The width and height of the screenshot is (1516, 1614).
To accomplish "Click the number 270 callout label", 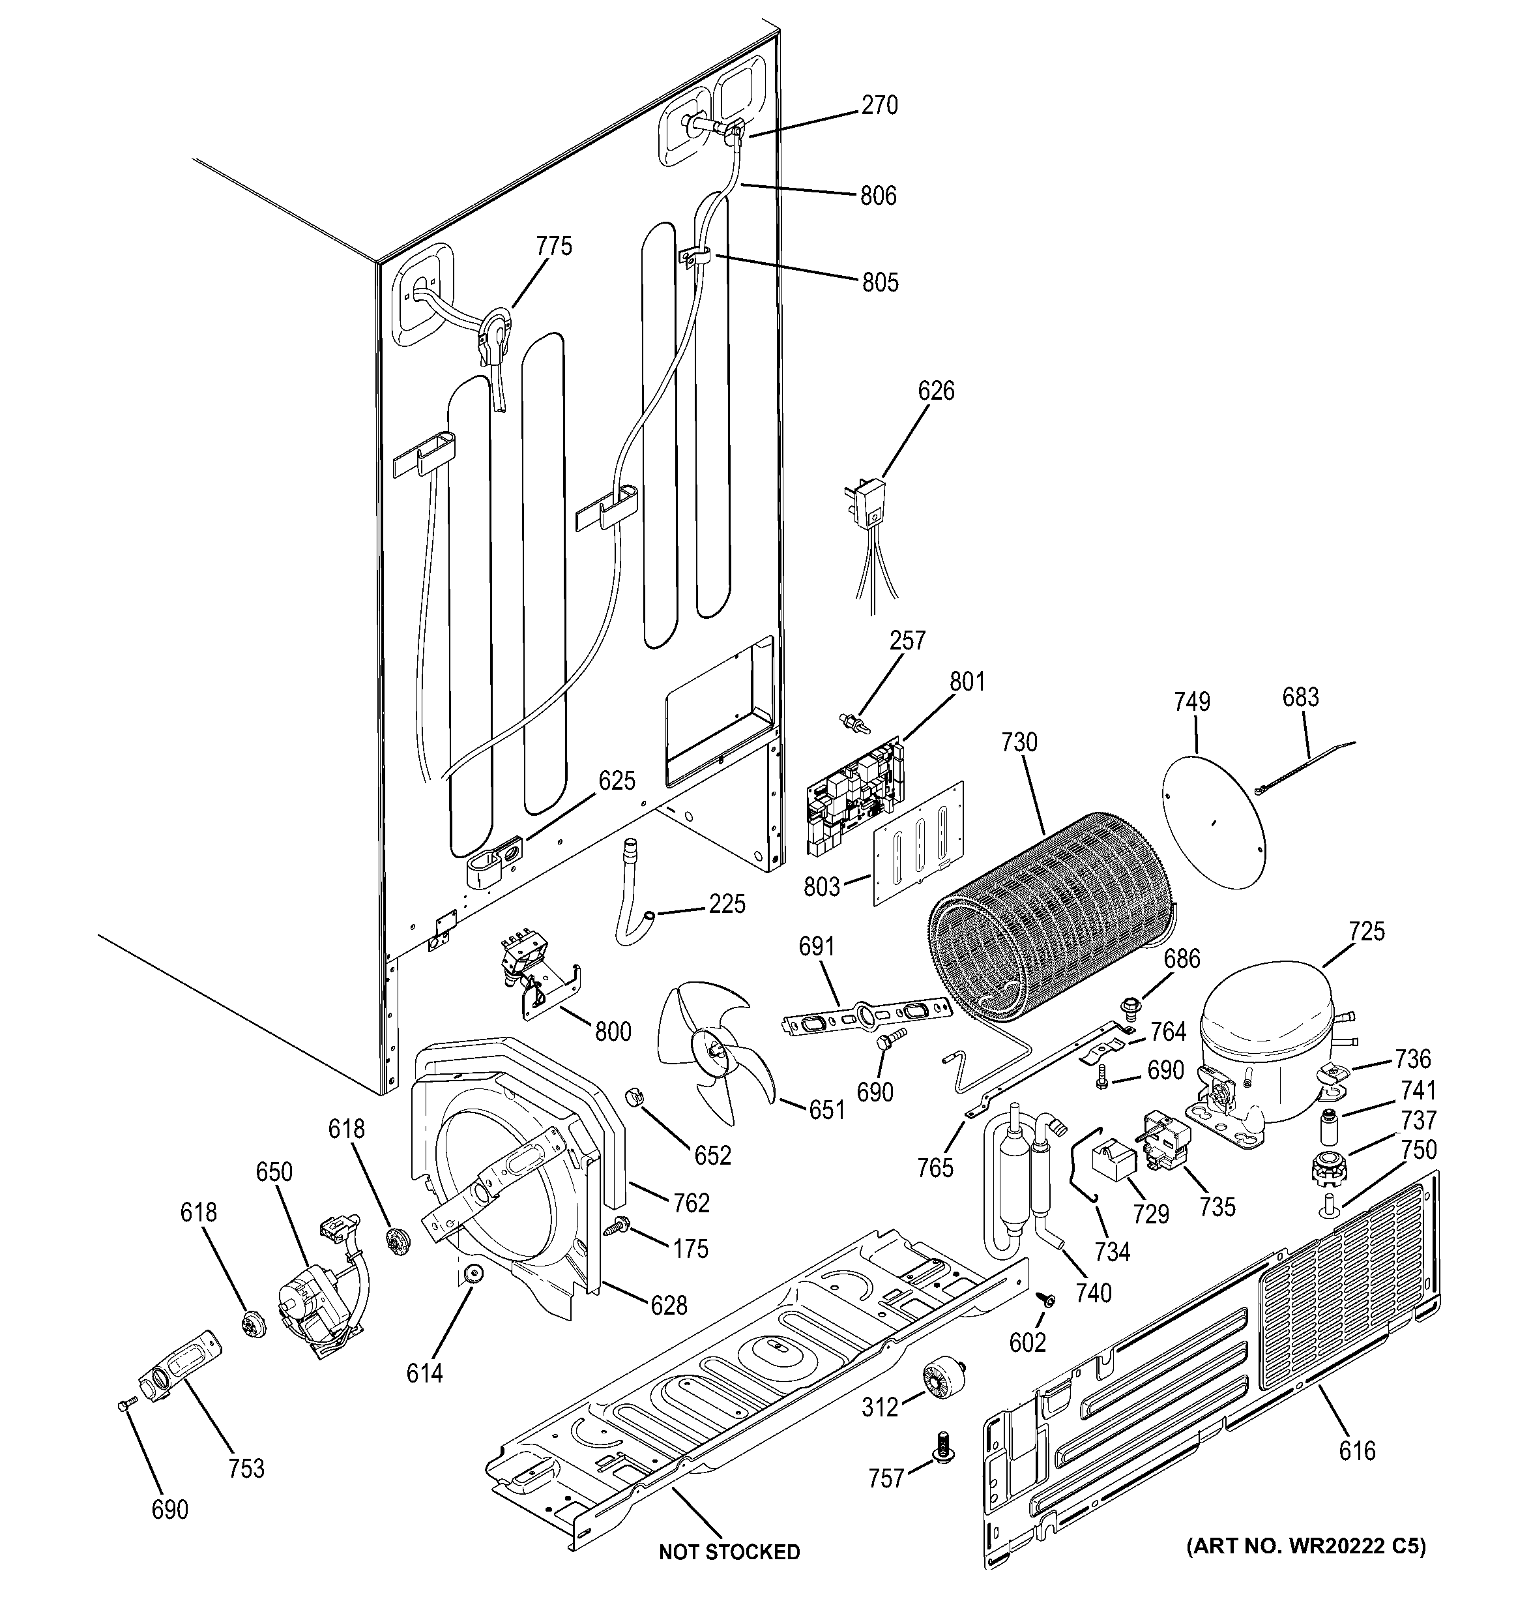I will coord(879,106).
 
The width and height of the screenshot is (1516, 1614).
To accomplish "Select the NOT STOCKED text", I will coord(729,1551).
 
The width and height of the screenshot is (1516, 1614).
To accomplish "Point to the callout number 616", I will coord(1357,1451).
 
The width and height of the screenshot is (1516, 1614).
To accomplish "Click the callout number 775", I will coord(554,246).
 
